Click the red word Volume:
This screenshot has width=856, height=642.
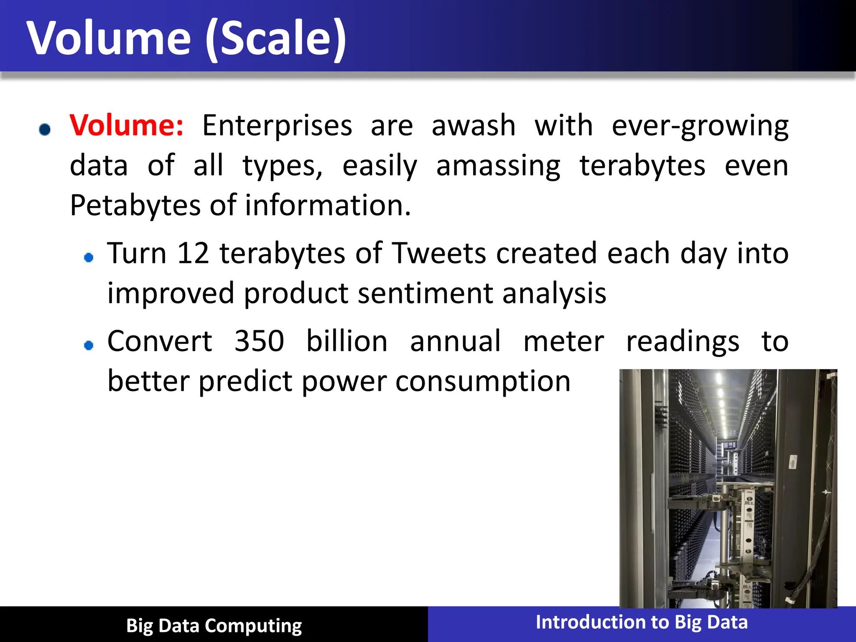point(126,125)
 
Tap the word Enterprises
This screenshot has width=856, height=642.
point(277,125)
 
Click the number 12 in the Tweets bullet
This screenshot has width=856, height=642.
point(193,253)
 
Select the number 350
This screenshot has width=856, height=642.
point(259,341)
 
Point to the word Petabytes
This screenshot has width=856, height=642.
point(135,206)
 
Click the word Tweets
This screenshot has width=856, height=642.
point(439,253)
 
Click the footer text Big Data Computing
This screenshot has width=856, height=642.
point(214,626)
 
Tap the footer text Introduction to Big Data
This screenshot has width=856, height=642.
point(642,622)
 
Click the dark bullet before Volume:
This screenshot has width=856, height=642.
point(45,129)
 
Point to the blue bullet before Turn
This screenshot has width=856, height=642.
point(89,257)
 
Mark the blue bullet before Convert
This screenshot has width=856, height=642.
point(89,345)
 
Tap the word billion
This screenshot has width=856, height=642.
point(347,341)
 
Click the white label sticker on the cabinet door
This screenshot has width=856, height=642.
point(792,463)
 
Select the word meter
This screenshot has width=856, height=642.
point(563,341)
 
